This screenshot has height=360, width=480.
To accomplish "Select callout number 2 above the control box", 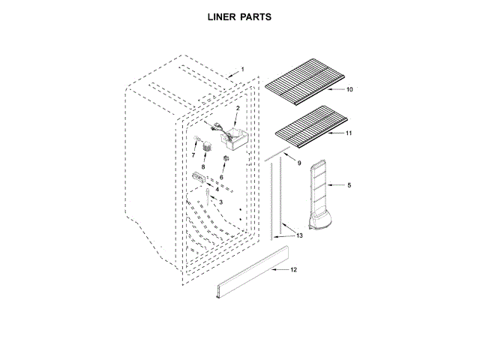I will [237, 109].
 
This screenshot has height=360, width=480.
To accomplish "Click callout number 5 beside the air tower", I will [349, 182].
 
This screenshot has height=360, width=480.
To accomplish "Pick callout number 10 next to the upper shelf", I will [349, 89].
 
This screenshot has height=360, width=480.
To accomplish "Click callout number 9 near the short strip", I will [299, 163].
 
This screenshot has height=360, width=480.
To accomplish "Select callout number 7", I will [193, 154].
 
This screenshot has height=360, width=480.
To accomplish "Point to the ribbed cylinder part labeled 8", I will [202, 146].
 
